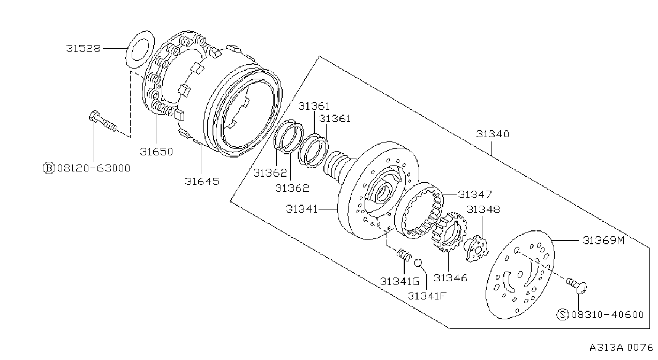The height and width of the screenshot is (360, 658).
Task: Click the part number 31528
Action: click(x=83, y=49)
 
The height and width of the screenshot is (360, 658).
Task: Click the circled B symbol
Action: click(x=49, y=168)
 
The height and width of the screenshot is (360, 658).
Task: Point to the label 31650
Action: click(x=156, y=152)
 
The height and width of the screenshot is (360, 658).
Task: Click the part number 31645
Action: click(x=202, y=181)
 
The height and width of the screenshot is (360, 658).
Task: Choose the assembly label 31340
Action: click(x=493, y=134)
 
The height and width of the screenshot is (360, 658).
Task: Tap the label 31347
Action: click(x=475, y=194)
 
